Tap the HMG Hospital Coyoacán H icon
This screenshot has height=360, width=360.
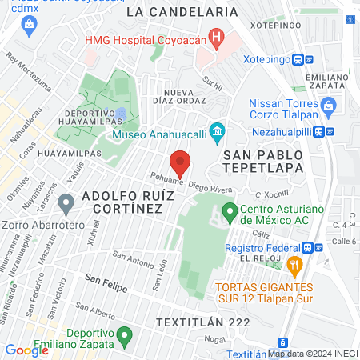pos(214,37)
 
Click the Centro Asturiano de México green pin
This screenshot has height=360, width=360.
pos(230,213)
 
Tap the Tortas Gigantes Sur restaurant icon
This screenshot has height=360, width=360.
pos(295,264)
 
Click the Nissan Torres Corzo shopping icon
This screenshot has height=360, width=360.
pos(327,104)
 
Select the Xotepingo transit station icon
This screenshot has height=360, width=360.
pos(298,59)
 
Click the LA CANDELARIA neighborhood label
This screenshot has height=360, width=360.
pos(182,12)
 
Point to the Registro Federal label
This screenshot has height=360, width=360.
pos(262,249)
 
